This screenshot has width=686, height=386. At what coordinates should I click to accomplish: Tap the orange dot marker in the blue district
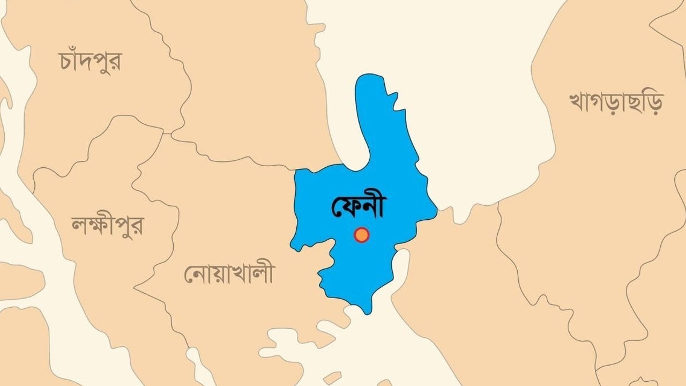[362, 235]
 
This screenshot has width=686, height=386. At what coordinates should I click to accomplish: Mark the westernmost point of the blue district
[291, 247]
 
